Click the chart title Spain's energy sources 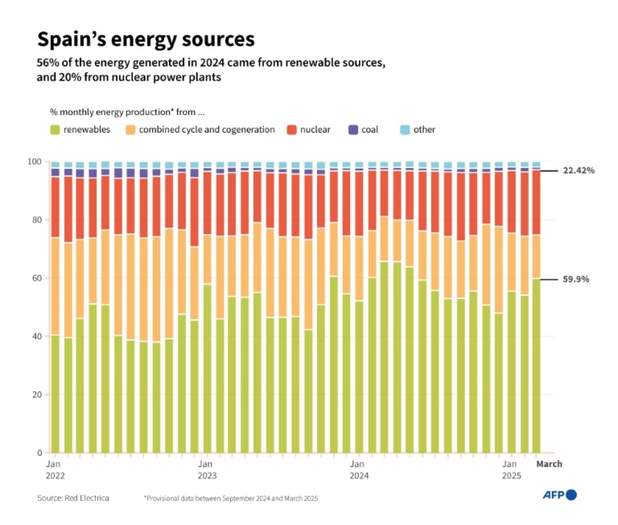(x=146, y=39)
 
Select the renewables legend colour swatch (x=55, y=130)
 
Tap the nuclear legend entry (x=308, y=130)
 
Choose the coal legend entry (x=363, y=130)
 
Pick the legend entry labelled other (x=418, y=130)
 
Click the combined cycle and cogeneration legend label (x=207, y=130)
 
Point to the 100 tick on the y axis (x=34, y=162)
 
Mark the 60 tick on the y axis (x=37, y=278)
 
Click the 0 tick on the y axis (x=39, y=453)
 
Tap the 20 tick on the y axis (x=37, y=395)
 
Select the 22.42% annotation (x=579, y=170)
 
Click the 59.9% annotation (x=576, y=279)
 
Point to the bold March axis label (x=549, y=464)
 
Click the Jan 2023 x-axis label (x=207, y=470)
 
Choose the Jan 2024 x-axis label (x=358, y=470)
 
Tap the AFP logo (x=559, y=495)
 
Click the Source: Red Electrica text (x=73, y=498)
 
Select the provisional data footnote (x=231, y=499)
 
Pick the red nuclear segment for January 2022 (x=55, y=207)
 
